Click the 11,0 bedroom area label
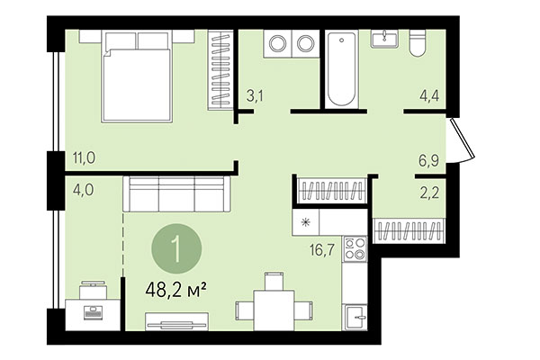point(85,159)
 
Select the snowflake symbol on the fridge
point(305,221)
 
